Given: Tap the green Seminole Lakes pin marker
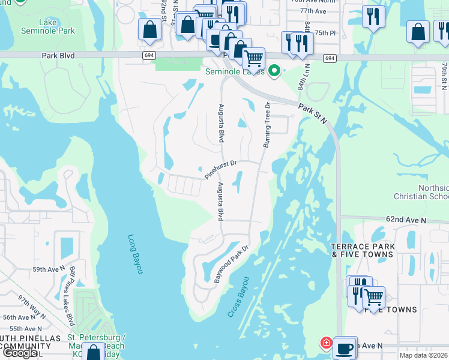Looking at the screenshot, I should [275, 71].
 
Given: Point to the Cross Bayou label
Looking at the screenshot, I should [238, 297].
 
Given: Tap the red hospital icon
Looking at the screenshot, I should [325, 343].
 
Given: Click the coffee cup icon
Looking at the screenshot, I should [345, 348].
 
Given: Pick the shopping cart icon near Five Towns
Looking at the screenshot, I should [373, 296].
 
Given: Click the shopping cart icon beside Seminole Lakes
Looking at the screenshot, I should [254, 59].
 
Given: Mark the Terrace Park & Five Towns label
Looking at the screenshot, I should [363, 250].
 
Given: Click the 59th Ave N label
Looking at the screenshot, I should [48, 269].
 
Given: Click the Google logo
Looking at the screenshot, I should [20, 353].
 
